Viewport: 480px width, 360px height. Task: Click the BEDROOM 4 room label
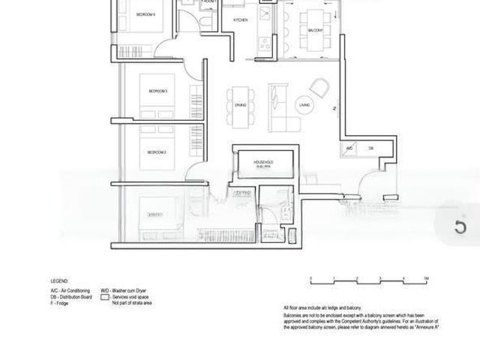click(145, 14)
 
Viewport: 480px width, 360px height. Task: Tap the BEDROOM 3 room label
click(157, 91)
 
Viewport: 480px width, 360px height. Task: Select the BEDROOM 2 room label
click(156, 152)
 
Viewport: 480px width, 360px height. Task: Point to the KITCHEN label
click(241, 19)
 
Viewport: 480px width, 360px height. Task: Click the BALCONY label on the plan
click(316, 30)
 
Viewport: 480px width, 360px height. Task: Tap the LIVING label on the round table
click(304, 106)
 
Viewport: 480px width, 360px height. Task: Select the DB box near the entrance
click(370, 148)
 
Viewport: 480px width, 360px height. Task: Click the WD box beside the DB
click(349, 148)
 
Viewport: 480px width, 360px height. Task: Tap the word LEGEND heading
click(59, 280)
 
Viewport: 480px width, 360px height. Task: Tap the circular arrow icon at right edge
click(460, 226)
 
